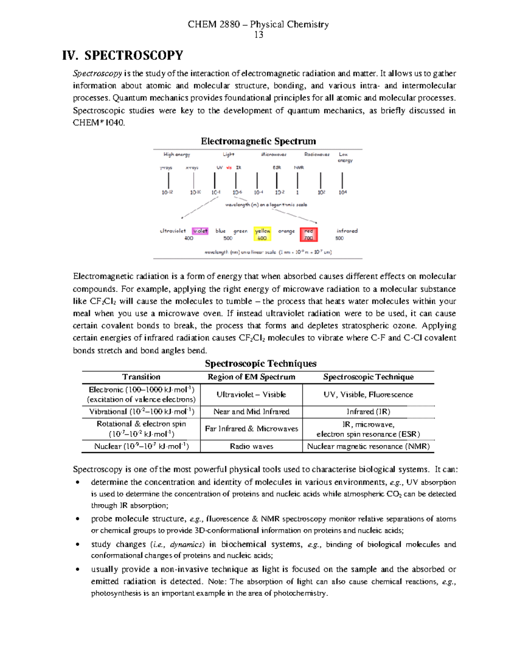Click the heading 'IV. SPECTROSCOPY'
click(x=123, y=56)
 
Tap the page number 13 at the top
click(x=258, y=35)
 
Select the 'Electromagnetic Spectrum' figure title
click(x=258, y=141)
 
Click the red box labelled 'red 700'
click(x=308, y=234)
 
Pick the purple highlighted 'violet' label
click(x=200, y=231)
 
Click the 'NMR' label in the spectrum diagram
click(x=299, y=167)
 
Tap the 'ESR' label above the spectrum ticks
click(x=277, y=167)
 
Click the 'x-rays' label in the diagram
click(x=192, y=167)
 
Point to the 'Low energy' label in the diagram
click(x=344, y=157)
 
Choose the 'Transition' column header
click(x=141, y=377)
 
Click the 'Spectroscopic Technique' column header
click(x=368, y=377)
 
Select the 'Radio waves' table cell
click(x=251, y=447)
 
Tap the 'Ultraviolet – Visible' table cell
click(x=251, y=394)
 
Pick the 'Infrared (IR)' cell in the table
click(x=368, y=412)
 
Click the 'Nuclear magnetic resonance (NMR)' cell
click(x=368, y=447)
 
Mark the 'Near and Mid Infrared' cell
click(x=251, y=412)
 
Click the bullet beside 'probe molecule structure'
click(x=78, y=519)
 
